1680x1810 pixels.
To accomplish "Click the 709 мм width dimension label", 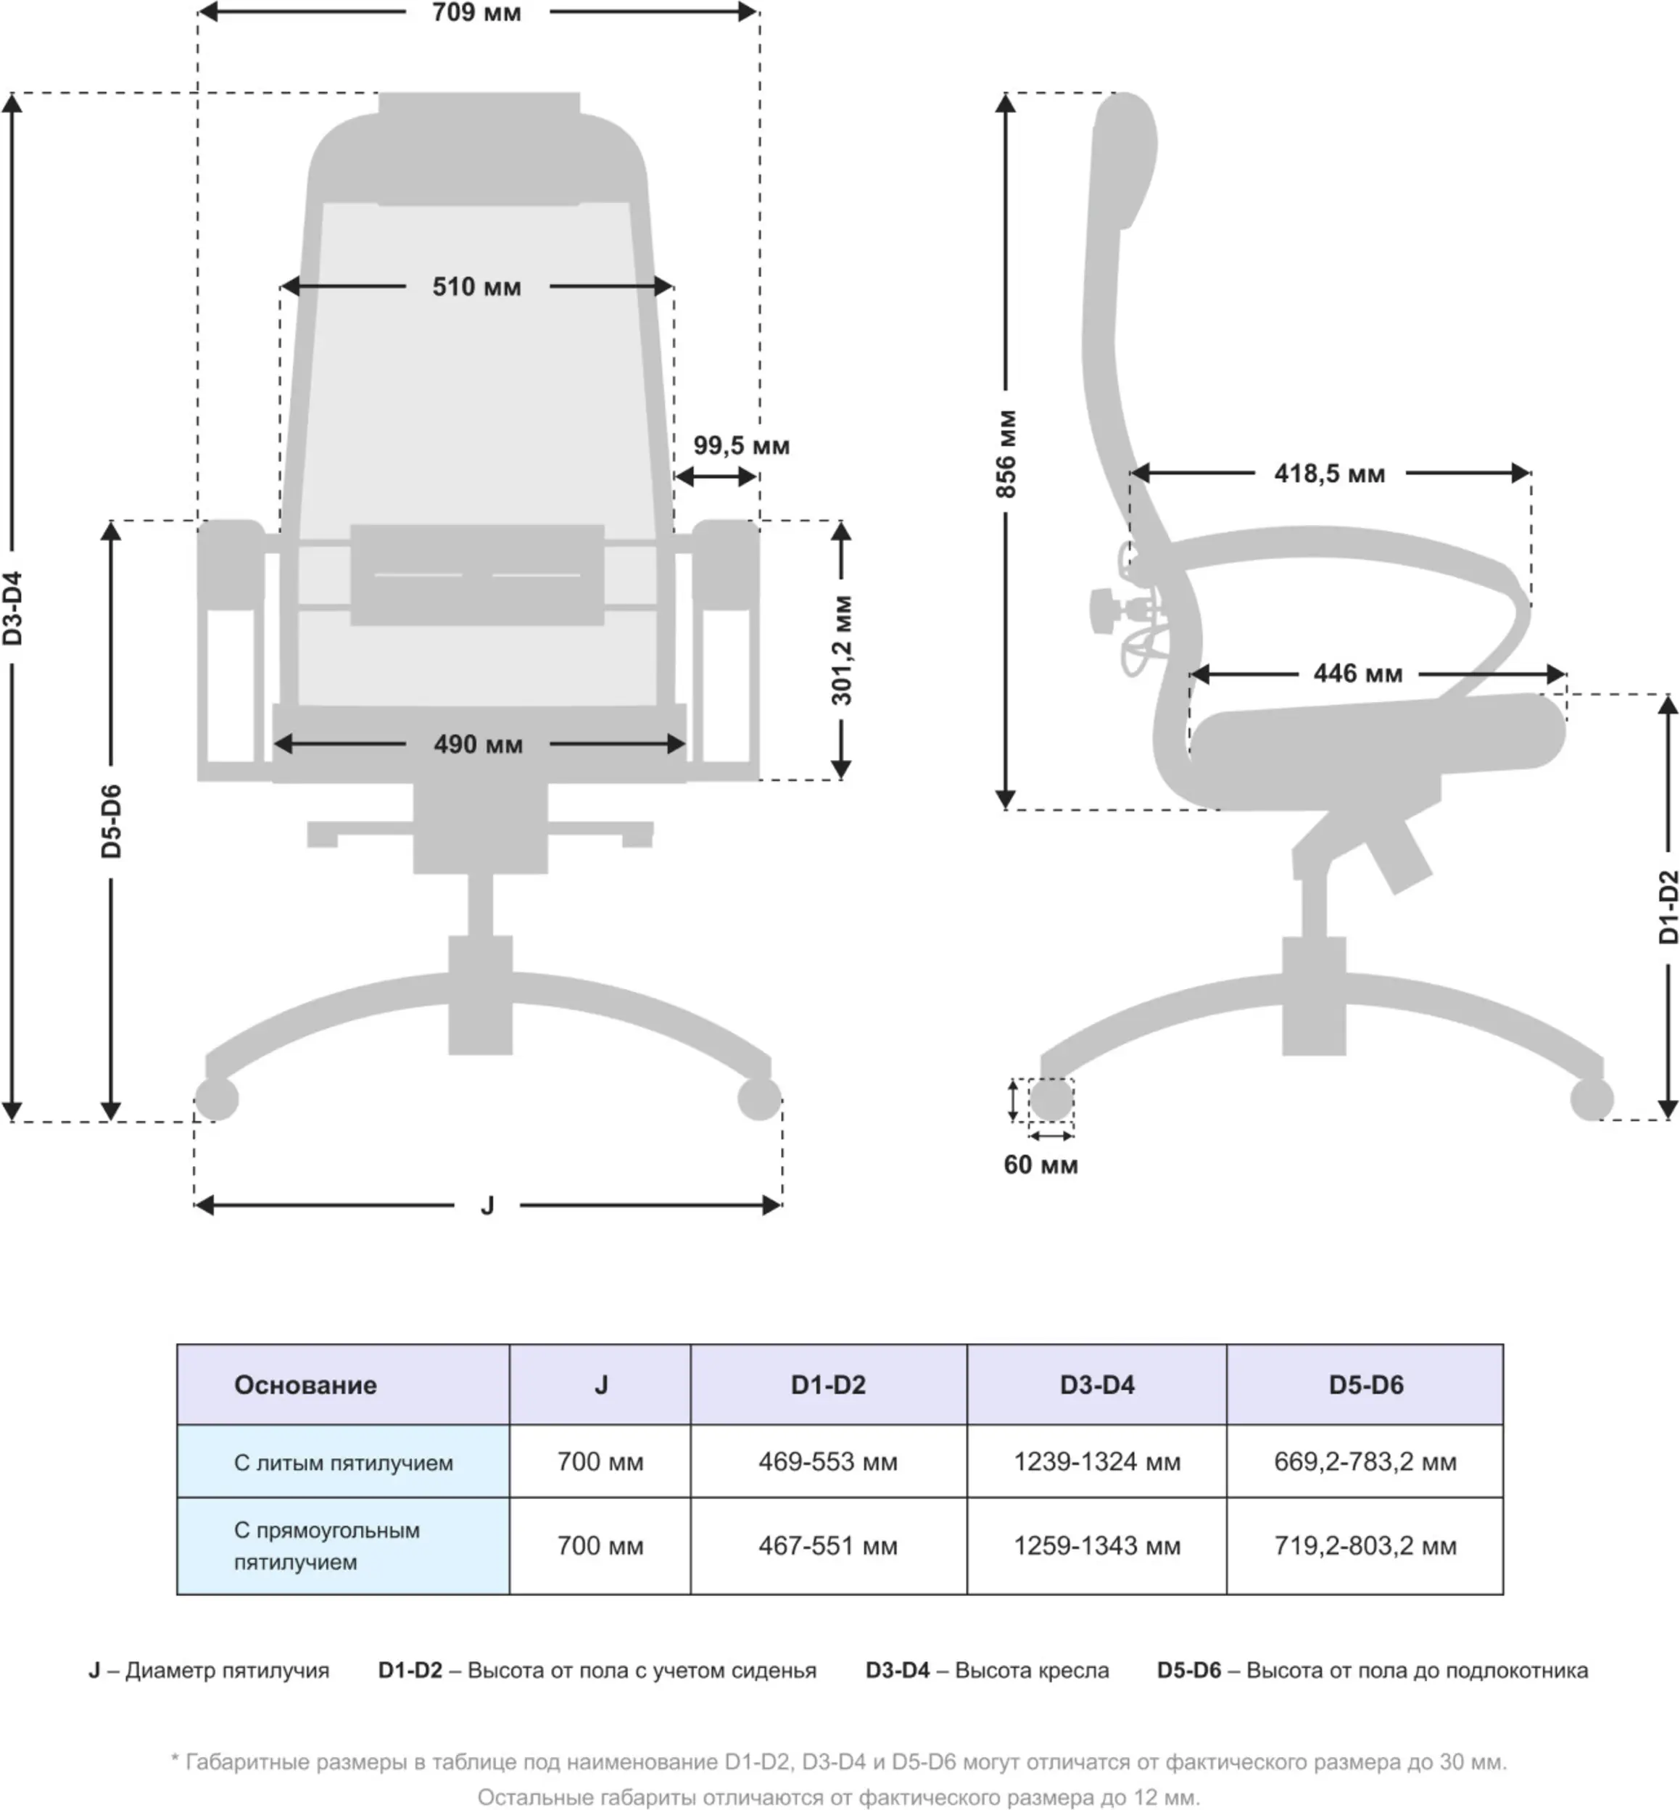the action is [476, 13].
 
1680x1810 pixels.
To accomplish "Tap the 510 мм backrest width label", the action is [476, 287].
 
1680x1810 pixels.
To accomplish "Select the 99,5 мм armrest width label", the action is [741, 445].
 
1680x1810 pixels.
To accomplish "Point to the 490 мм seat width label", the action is [478, 745].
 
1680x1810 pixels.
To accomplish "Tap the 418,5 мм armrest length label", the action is [1329, 474].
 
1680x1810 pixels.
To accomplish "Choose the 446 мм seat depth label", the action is [1357, 674].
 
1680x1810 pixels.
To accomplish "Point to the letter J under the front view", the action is [487, 1205].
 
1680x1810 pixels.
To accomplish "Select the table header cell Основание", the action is [305, 1384].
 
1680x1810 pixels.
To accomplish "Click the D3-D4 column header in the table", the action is [1097, 1384].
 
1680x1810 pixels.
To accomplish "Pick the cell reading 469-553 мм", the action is [828, 1462].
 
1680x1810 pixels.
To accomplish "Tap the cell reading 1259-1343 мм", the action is [1097, 1545].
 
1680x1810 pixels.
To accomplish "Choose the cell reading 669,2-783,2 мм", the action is [1365, 1462].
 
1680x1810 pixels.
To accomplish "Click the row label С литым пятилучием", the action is [344, 1463].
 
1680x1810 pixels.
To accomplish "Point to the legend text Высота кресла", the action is [1032, 1670].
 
